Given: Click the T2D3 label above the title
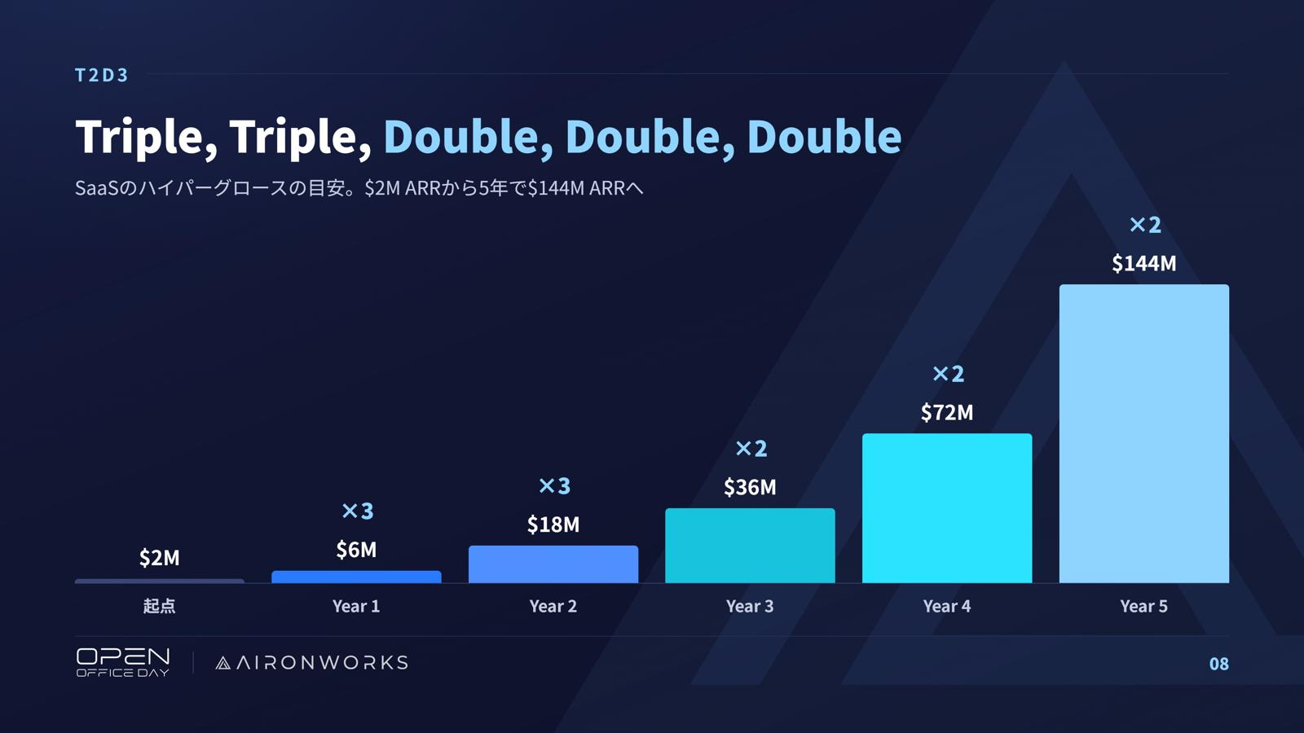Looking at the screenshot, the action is [x=101, y=75].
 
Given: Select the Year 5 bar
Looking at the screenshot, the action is [x=1144, y=433].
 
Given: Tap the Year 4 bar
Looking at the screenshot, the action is [x=947, y=508].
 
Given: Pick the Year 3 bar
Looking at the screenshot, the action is [x=750, y=545].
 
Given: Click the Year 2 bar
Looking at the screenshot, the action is [x=553, y=564].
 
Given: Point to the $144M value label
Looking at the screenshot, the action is [x=1144, y=264].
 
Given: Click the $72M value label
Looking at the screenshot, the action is [x=946, y=412].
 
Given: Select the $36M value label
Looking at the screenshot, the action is [x=750, y=487].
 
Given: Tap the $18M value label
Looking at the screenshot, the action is [x=553, y=525].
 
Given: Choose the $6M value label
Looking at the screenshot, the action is [x=356, y=550].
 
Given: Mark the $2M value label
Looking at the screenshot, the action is [x=160, y=558].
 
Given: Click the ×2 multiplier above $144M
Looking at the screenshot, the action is [x=1145, y=225].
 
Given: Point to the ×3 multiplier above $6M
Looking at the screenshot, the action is [x=358, y=511].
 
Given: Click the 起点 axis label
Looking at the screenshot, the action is [x=160, y=606].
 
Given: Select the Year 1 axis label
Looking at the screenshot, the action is [x=356, y=606].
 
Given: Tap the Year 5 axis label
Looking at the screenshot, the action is [x=1144, y=606].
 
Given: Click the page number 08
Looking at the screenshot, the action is [x=1219, y=664].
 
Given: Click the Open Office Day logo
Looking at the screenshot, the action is [x=123, y=663].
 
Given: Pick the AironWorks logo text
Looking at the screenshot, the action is [x=311, y=663].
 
